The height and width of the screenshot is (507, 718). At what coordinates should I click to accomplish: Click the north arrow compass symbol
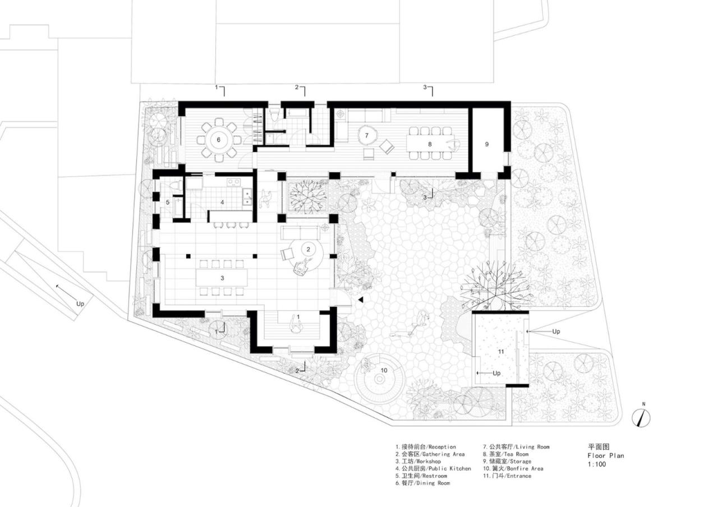(642, 417)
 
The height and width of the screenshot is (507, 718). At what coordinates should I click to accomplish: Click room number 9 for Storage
(487, 144)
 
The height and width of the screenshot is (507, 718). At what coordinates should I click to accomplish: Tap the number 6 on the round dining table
(219, 140)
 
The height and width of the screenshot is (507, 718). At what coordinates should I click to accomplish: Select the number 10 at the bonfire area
(384, 370)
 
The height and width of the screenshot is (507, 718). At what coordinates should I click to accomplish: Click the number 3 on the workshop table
(222, 278)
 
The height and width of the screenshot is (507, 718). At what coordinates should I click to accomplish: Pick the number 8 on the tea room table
(430, 144)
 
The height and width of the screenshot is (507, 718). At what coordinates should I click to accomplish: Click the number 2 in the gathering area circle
(307, 248)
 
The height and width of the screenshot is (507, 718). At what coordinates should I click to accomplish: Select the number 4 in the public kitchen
(222, 202)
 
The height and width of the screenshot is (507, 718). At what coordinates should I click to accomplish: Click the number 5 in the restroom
(167, 202)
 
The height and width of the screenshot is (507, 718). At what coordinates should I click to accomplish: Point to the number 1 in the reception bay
(298, 317)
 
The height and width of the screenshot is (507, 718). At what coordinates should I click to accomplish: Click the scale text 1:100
(597, 464)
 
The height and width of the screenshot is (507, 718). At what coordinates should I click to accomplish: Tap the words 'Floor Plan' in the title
(605, 455)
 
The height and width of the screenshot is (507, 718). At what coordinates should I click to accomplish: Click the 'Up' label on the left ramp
(81, 303)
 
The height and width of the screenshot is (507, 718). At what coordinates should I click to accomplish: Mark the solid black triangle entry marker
(361, 300)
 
